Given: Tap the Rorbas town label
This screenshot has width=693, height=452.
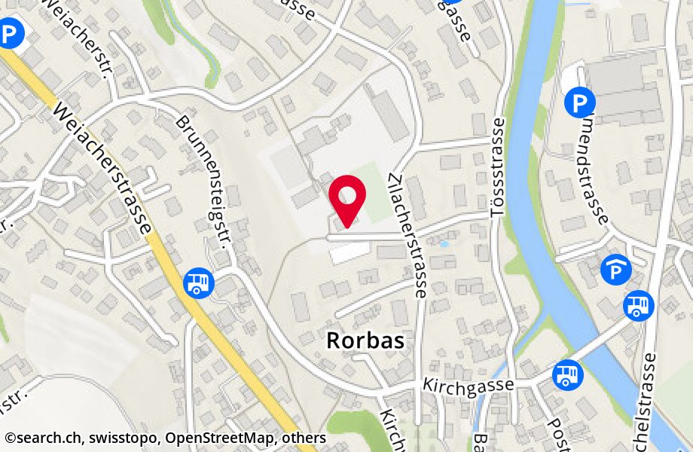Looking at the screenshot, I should (365, 341).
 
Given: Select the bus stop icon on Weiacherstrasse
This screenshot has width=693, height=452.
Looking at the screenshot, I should (198, 282).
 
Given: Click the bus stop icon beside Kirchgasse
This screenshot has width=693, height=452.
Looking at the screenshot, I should (567, 374).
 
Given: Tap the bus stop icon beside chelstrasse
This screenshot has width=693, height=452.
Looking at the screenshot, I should (639, 305).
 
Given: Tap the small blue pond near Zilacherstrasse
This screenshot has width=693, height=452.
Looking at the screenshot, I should (444, 244).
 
